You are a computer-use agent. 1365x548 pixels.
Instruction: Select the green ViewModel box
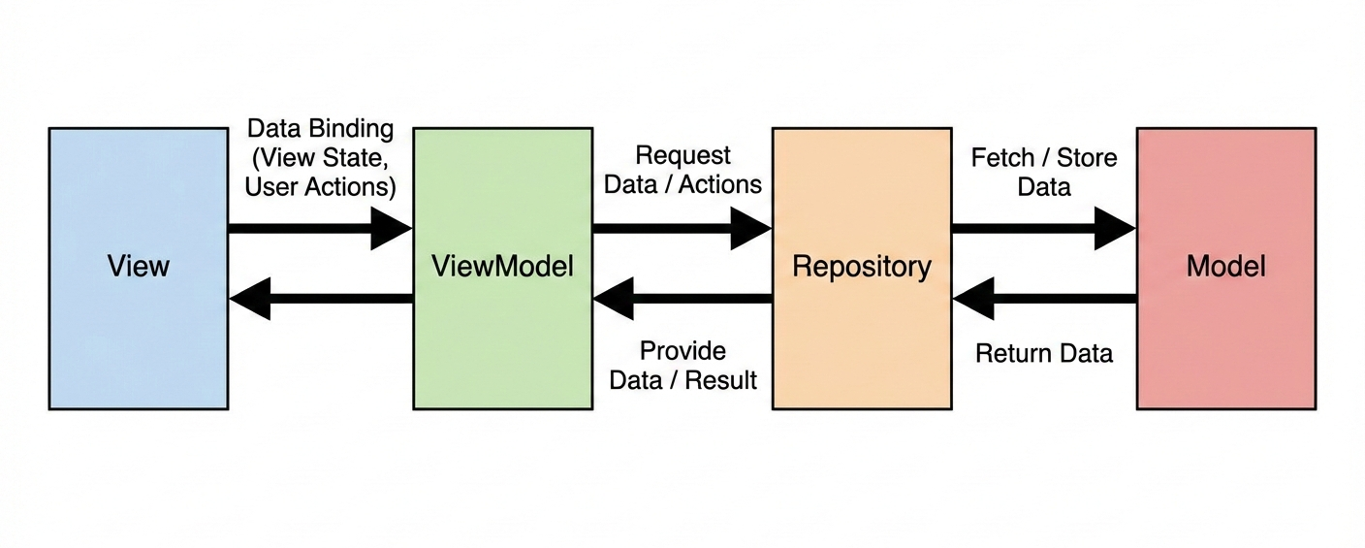point(502,339)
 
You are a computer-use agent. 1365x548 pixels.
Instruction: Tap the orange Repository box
point(862,339)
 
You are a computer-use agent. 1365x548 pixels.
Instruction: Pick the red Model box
point(1226,339)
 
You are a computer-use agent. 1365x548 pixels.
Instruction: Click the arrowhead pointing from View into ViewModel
point(392,229)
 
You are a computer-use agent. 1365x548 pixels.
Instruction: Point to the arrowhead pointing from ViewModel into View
point(249,298)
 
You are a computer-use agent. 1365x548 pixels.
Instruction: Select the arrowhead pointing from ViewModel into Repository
point(750,229)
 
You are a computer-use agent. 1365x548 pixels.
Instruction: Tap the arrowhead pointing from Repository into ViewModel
point(614,298)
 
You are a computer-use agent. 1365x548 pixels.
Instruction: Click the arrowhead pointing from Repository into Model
point(1115,229)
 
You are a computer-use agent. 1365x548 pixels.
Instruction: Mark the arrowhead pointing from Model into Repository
point(973,298)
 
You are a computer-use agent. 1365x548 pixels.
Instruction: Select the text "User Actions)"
point(320,186)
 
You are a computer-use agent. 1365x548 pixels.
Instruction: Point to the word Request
point(682,155)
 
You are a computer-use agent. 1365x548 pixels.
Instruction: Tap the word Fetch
point(1002,157)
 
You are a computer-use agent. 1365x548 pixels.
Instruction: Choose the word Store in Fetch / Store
point(1087,157)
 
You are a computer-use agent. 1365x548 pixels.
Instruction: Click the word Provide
point(682,350)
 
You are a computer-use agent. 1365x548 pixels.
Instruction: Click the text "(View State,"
point(320,157)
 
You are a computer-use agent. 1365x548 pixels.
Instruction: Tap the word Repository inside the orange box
point(862,267)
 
